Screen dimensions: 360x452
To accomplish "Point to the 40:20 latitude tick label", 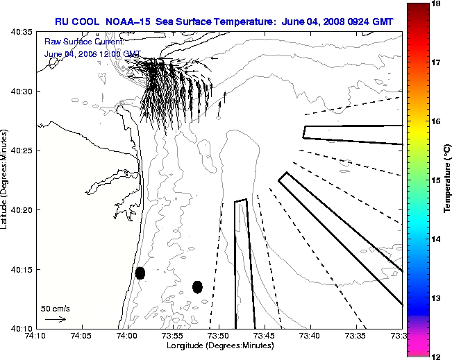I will point(22,210).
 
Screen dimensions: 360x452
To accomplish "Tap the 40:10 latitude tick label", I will point(22,328).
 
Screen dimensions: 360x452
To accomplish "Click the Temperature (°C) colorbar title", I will point(448,180).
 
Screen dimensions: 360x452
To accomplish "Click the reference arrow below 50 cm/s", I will point(55,319).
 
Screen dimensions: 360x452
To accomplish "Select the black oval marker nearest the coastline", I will point(140,273).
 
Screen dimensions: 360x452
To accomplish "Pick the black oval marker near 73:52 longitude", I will point(197,286).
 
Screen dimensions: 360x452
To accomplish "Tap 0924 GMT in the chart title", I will point(369,22).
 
